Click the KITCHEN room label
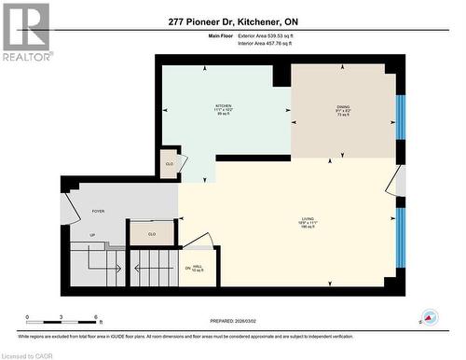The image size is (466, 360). pos(224,106)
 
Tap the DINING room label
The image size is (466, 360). pos(344,107)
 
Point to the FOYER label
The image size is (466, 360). pos(97,212)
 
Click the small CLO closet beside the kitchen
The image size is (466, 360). pos(169,163)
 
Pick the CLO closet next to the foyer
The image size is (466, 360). pos(151,233)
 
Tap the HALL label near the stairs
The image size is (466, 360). pos(199,269)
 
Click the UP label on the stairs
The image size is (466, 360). pos(92,235)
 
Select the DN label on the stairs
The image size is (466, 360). pos(187,269)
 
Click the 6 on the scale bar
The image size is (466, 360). pos(97,318)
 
